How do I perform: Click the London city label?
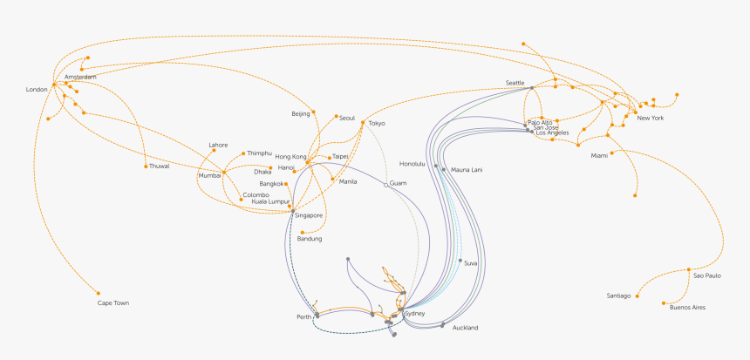pos(37,90)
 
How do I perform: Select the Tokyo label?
pos(376,124)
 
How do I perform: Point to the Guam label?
pos(399,183)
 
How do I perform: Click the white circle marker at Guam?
pos(385,184)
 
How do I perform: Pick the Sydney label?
pos(415,313)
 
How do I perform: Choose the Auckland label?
pos(465,328)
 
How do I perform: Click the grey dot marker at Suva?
pos(460,261)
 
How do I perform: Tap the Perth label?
pos(304,316)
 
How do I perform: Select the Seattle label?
pos(515,83)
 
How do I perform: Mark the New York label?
pos(651,118)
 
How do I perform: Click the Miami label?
pos(599,155)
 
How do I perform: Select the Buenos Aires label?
pos(687,308)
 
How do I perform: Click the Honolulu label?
pos(412,164)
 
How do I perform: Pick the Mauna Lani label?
pos(466,169)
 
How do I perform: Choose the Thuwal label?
pos(160,166)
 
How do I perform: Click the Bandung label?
pos(310,239)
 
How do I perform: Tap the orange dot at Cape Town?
pos(99,293)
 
